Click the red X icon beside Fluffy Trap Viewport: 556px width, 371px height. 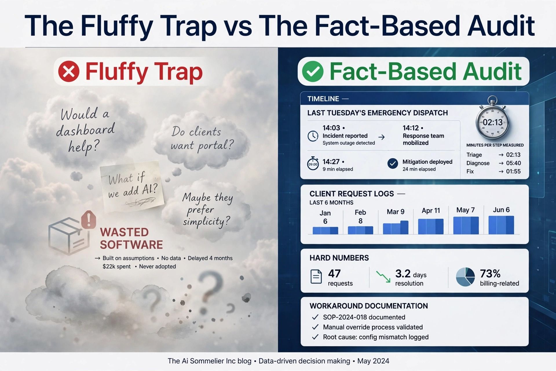pyautogui.click(x=69, y=71)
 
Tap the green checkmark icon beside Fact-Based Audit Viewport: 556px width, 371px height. pyautogui.click(x=312, y=71)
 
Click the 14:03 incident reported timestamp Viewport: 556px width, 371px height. pyautogui.click(x=331, y=128)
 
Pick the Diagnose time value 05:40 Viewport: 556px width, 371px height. pyautogui.click(x=513, y=163)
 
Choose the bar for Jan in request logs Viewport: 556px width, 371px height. pyautogui.click(x=325, y=230)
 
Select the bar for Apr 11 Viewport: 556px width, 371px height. pyautogui.click(x=431, y=226)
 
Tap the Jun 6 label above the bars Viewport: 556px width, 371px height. pyautogui.click(x=501, y=210)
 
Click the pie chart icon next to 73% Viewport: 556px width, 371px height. pyautogui.click(x=465, y=277)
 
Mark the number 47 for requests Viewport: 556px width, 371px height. pyautogui.click(x=334, y=273)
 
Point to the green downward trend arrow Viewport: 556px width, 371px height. pyautogui.click(x=383, y=277)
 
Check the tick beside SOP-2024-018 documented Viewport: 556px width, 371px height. pyautogui.click(x=315, y=317)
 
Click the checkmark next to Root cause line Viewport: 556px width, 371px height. pyautogui.click(x=315, y=337)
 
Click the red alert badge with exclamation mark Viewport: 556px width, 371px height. pyautogui.click(x=89, y=219)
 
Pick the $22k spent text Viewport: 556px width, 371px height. pyautogui.click(x=116, y=266)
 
